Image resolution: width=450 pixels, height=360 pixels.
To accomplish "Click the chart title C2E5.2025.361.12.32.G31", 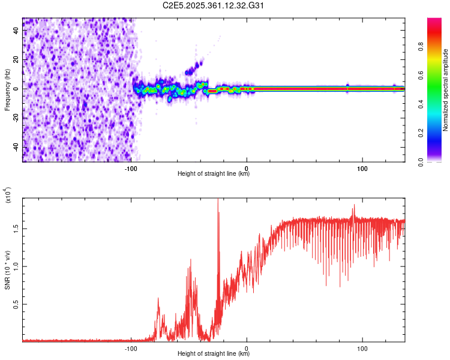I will (x=214, y=5).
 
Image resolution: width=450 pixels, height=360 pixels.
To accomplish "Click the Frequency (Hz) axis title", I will (x=7, y=88).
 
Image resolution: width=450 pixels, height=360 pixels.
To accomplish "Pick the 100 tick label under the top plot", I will (x=362, y=167).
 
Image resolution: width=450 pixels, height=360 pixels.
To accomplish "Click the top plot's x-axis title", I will (x=214, y=174).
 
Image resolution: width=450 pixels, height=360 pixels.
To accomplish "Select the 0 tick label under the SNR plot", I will (x=248, y=347).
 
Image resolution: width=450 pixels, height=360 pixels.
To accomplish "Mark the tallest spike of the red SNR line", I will (x=218, y=200).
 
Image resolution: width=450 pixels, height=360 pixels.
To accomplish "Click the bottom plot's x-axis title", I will (x=214, y=354).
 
